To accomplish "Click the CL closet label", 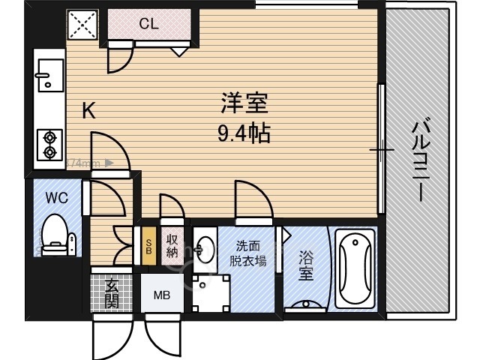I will point(148,24).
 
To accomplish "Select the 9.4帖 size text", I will point(243,135).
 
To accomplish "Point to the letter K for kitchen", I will point(88,112).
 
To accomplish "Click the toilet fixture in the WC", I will point(56,233).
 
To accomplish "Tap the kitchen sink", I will point(49,75).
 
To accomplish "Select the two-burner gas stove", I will point(50,145).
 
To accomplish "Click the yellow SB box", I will point(149,245).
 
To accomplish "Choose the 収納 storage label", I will point(172,245).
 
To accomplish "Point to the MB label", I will point(162,295).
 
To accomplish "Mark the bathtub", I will point(354,268).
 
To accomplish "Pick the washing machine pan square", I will point(208,292).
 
